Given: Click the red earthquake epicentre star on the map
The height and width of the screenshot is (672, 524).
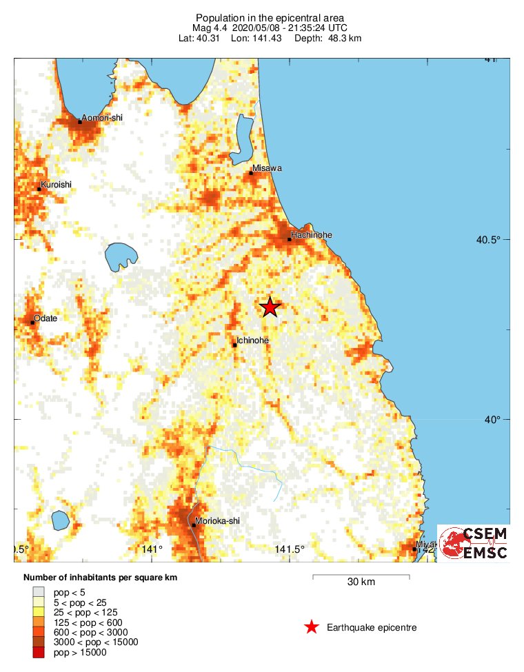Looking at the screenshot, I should tap(270, 307).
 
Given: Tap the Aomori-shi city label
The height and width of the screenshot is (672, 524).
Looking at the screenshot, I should tap(101, 118).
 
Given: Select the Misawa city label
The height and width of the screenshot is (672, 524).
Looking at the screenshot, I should tap(267, 168).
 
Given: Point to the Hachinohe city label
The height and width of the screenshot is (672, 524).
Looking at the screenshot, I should tap(311, 235).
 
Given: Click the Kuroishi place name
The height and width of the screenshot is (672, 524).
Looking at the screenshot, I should tap(56, 184).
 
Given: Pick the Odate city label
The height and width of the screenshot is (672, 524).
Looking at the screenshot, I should tap(46, 318).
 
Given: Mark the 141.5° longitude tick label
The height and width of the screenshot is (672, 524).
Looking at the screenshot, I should tap(289, 549).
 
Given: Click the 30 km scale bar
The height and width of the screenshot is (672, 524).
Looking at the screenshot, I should tap(361, 576).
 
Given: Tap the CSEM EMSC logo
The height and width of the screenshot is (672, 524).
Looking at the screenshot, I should tap(474, 542).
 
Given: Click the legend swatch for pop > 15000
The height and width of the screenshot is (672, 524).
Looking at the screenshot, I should tap(39, 653).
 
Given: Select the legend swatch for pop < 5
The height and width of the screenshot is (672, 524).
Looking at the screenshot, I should tap(39, 591).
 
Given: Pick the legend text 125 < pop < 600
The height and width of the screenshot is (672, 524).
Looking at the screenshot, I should tap(91, 622).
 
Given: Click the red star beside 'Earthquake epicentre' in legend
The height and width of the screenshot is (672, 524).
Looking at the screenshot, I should tap(312, 627).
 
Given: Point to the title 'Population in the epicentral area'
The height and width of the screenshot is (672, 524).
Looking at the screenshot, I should tap(270, 17).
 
